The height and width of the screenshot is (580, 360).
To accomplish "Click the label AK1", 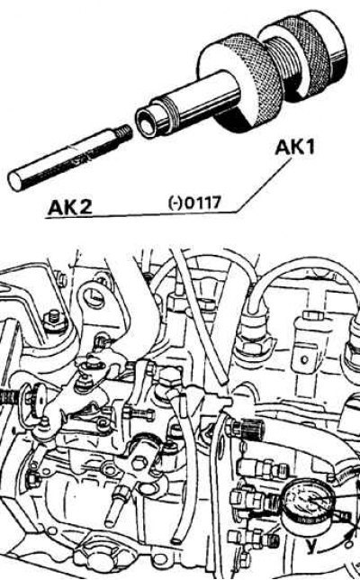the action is pos(294,147).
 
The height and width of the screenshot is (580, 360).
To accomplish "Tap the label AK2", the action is pos(70,206).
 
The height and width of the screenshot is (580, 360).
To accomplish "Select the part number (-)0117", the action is pos(194,203).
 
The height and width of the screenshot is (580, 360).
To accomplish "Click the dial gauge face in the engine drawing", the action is pos(308,503).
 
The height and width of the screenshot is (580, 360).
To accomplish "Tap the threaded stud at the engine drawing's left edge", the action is pos(8,399).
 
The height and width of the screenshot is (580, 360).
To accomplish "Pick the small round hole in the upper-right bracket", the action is pos(304,358).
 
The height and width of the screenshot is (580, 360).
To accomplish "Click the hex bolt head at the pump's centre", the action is pos(139,463).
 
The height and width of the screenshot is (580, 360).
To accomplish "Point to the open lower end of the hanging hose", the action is pos(177,539).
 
